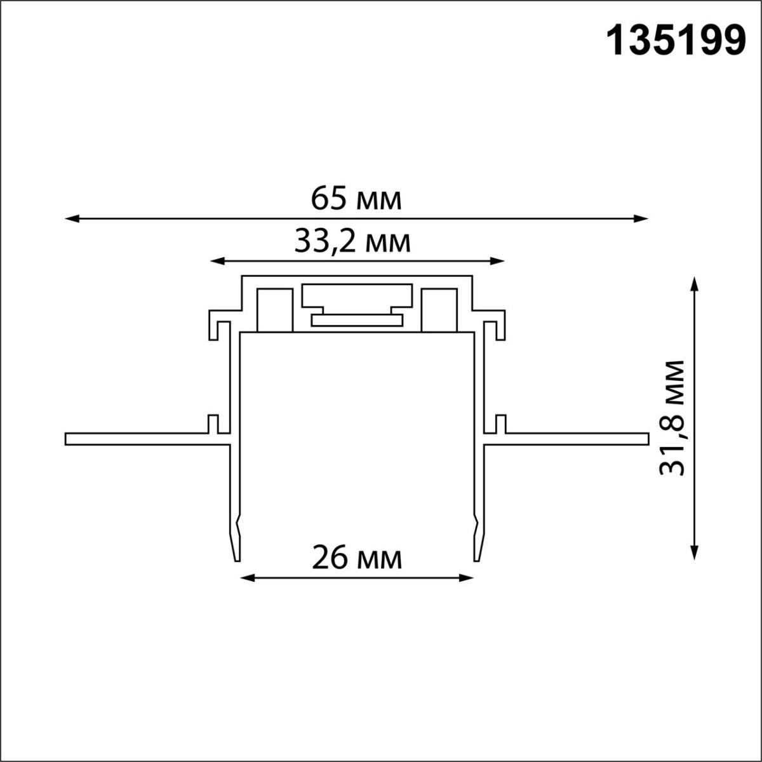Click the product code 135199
[x=677, y=42]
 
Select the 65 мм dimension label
[x=356, y=199]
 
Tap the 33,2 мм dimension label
[x=352, y=242]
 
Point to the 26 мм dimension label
[x=356, y=558]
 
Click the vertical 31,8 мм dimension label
[x=672, y=418]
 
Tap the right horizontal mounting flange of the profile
[x=571, y=439]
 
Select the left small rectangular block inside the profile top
[x=274, y=310]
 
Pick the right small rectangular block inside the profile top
[x=439, y=310]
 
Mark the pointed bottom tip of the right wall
[x=476, y=558]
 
